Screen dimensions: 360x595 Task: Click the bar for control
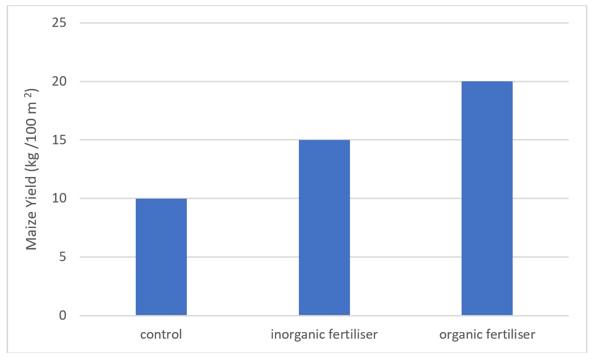[161, 257]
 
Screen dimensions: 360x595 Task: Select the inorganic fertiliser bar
[324, 228]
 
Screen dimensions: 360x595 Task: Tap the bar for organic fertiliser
[487, 198]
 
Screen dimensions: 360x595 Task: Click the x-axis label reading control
[161, 335]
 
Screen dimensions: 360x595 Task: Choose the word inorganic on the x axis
[293, 335]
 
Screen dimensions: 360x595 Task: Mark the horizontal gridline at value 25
[324, 23]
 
